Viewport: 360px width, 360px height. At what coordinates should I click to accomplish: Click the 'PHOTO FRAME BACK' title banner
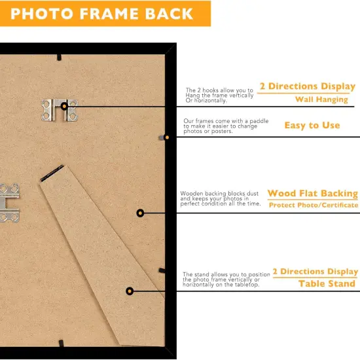(x=105, y=14)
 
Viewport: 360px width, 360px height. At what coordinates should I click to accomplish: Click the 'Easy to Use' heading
(x=312, y=125)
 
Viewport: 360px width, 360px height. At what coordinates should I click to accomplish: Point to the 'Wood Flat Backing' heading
(x=312, y=194)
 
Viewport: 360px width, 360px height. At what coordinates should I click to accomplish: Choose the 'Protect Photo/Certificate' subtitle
(x=314, y=206)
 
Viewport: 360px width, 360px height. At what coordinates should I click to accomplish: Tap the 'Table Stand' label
(x=327, y=283)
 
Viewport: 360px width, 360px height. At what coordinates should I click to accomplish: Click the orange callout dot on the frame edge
(x=166, y=137)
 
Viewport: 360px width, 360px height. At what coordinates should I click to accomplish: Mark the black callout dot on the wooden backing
(x=139, y=213)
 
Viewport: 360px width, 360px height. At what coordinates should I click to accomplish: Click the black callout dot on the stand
(x=130, y=291)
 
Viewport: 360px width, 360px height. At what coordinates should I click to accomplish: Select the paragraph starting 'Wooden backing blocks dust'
(x=220, y=199)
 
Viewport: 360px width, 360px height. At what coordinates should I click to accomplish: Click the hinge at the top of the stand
(x=52, y=172)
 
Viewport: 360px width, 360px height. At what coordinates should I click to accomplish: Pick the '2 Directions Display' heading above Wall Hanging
(x=307, y=86)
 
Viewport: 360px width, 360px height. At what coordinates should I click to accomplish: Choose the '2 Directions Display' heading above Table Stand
(x=315, y=271)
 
